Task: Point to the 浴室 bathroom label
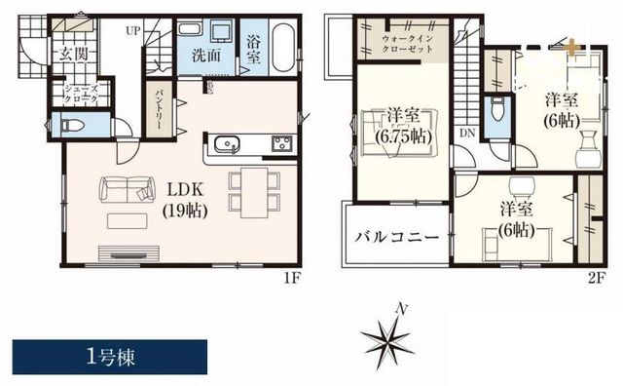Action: (x=252, y=49)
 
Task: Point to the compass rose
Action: (x=386, y=339)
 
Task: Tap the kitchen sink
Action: (x=226, y=145)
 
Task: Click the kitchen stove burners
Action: (x=282, y=145)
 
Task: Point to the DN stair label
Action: (x=467, y=133)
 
